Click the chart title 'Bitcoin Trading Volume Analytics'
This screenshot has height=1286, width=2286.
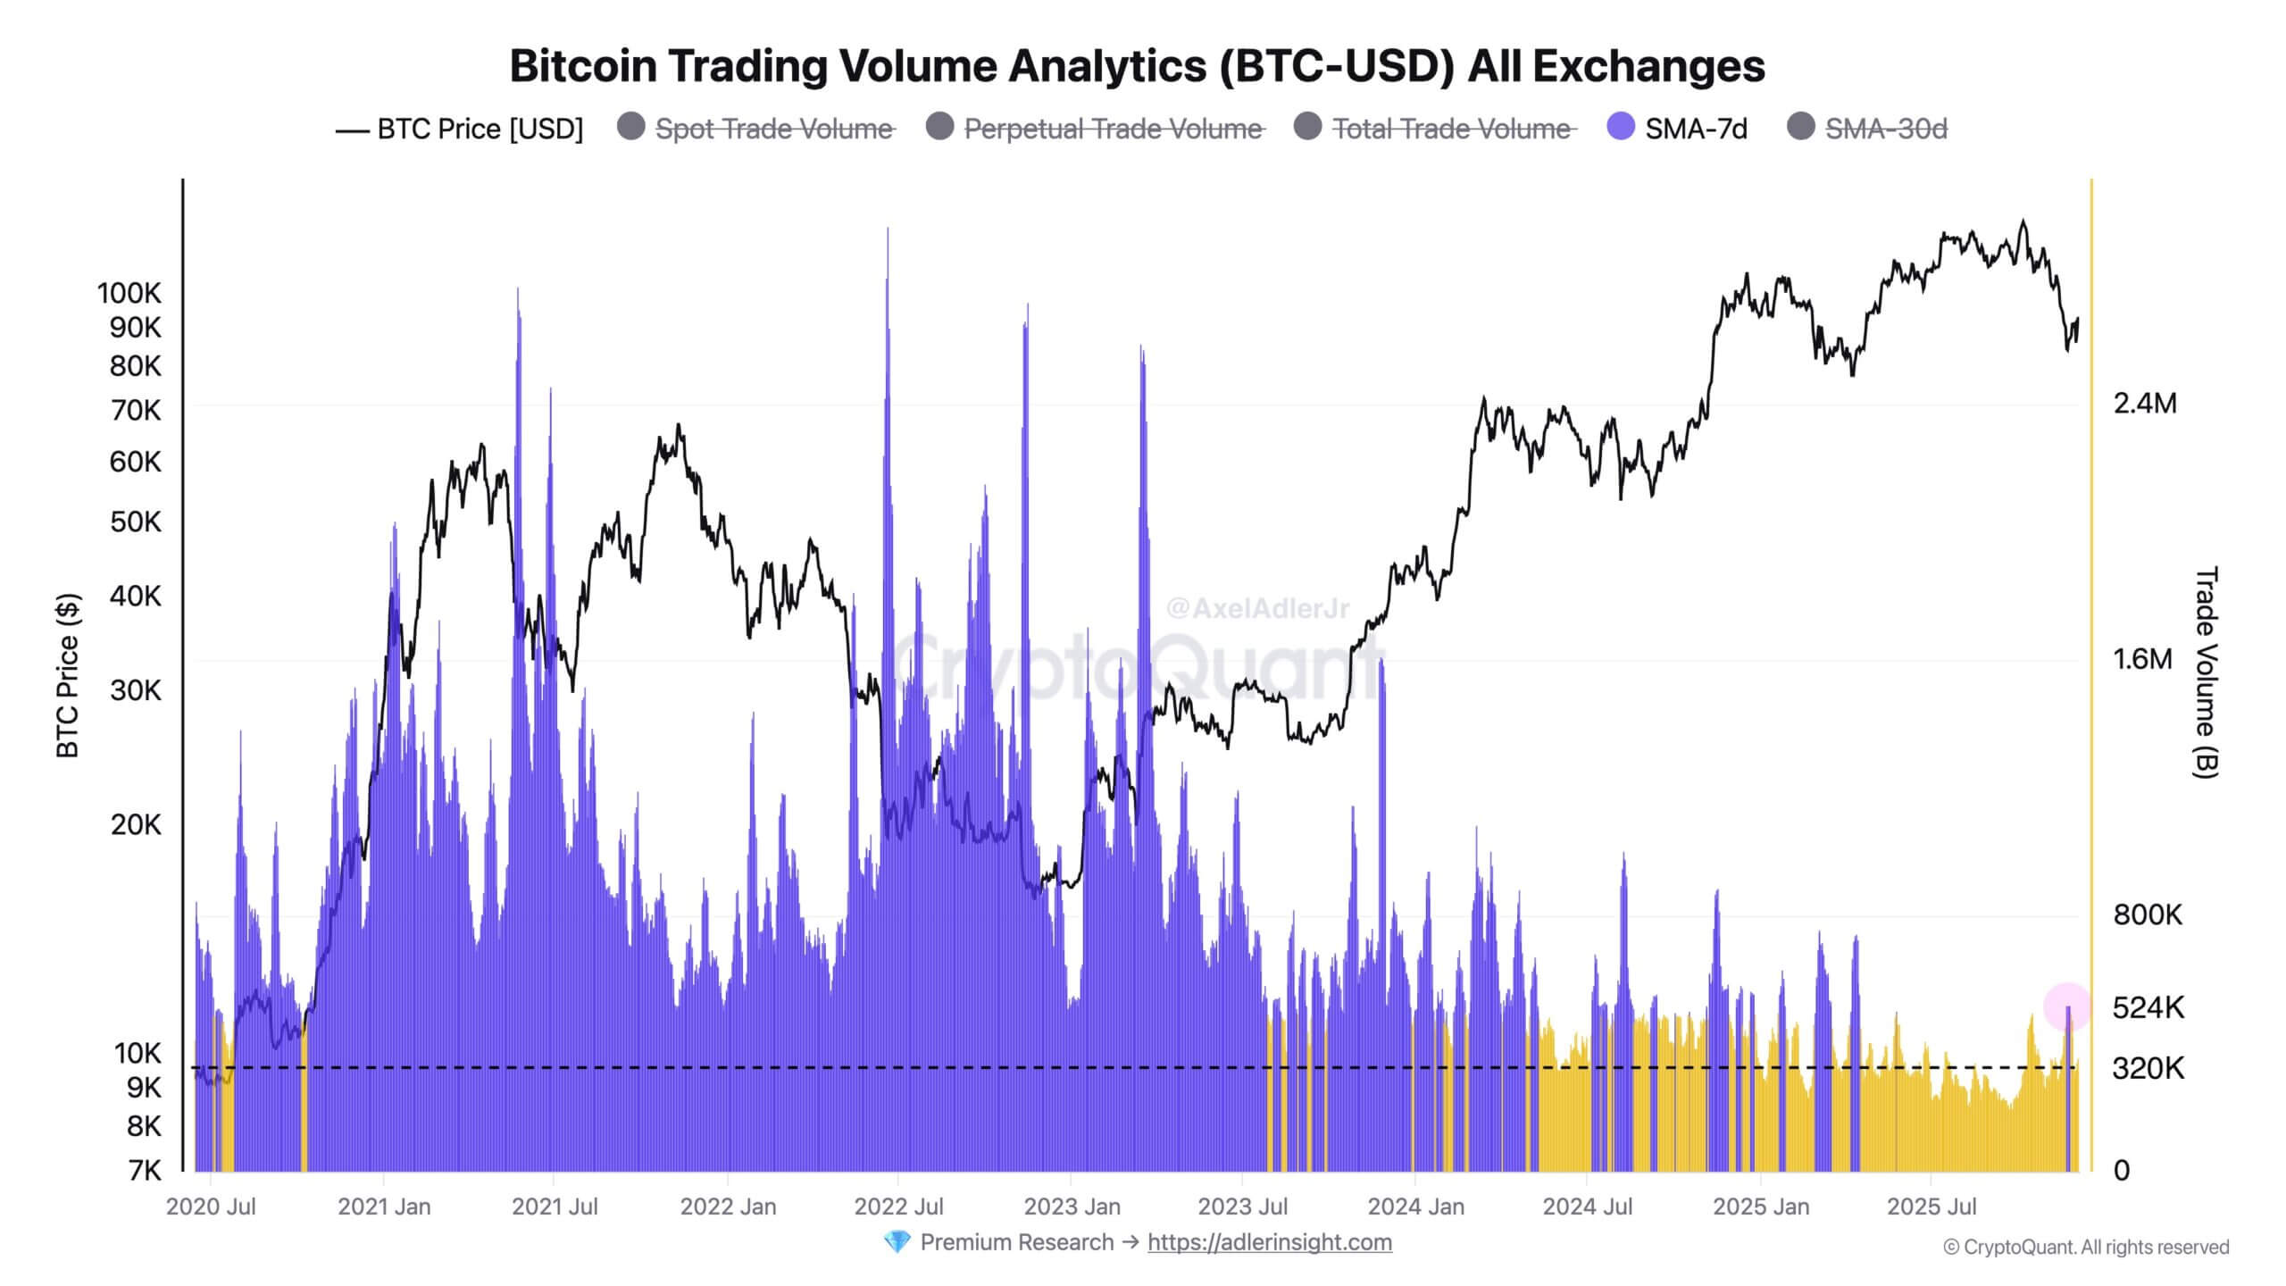(1137, 66)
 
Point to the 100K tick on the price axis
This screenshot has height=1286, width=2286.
(129, 293)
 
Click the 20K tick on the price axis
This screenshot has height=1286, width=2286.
(136, 824)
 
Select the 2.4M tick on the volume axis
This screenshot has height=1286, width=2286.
(2145, 404)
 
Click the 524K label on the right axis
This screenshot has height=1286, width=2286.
(2148, 1007)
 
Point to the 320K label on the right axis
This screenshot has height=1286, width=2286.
(2148, 1068)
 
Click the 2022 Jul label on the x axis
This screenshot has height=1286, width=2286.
(898, 1207)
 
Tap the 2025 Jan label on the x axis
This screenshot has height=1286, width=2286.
(1761, 1207)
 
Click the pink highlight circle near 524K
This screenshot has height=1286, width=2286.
(2067, 1006)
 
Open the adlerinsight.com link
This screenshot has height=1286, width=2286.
(1269, 1242)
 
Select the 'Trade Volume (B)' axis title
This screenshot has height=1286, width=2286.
(2206, 672)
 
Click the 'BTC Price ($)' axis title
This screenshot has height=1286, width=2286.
(68, 675)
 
